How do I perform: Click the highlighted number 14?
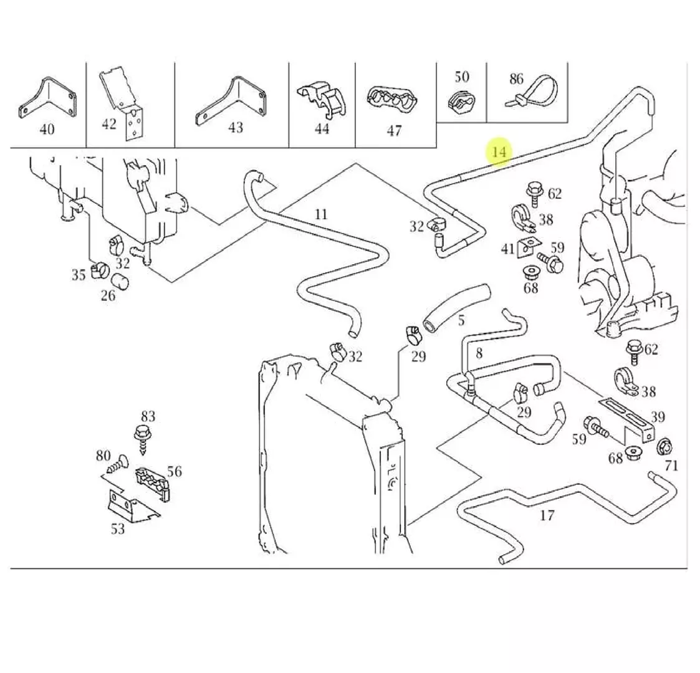coord(499,151)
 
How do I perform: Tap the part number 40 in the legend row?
coord(47,129)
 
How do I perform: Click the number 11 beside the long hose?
coord(320,215)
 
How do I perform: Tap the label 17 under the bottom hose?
coord(547,515)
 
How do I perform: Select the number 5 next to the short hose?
coord(461,321)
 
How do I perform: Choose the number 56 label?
coord(175,472)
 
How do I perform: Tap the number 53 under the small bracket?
coord(118,529)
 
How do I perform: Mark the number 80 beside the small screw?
coord(103,456)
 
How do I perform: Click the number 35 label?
coord(78,274)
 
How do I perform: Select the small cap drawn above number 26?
coord(122,282)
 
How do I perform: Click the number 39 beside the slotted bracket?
coord(657,417)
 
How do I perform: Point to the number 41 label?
coord(508,249)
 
